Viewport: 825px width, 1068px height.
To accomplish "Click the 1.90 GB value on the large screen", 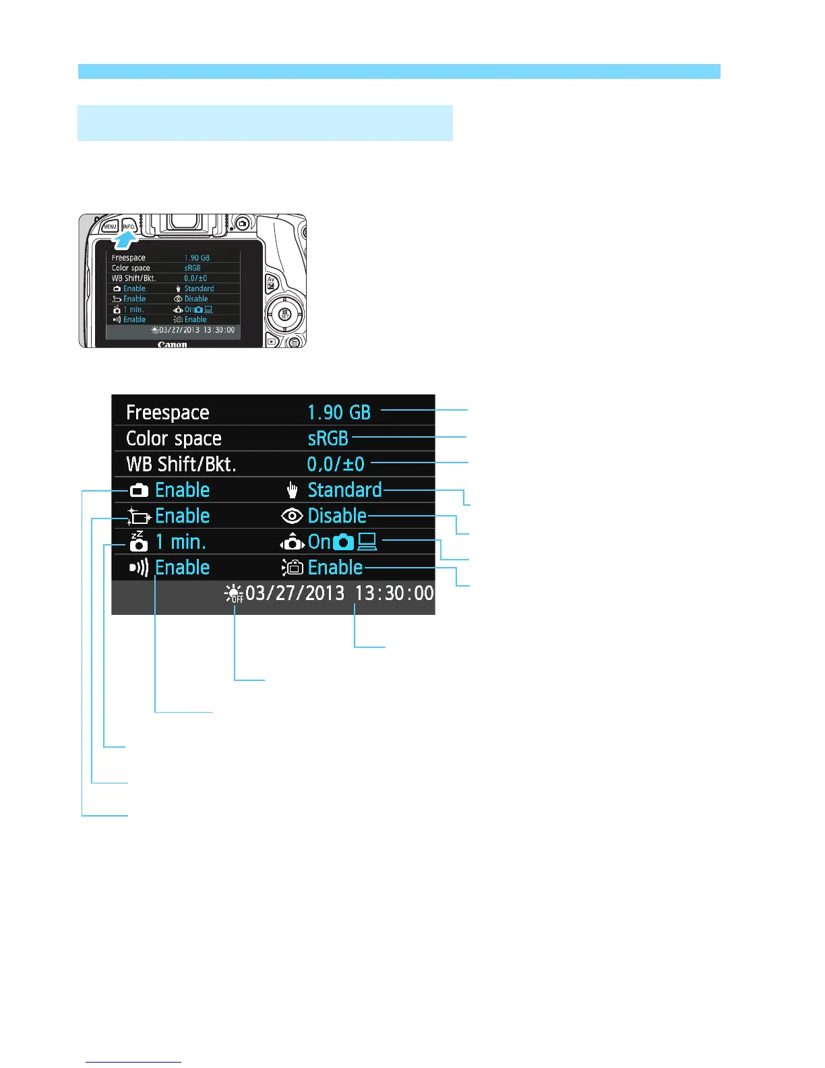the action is (339, 412).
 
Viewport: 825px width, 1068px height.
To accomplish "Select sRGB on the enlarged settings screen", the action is (328, 438).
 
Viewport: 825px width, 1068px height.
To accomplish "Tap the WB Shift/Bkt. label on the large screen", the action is (181, 464).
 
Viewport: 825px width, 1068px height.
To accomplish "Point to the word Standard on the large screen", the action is (344, 489).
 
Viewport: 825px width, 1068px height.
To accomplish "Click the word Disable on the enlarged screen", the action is (337, 516).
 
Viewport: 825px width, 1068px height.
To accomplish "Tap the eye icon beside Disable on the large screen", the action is (292, 516).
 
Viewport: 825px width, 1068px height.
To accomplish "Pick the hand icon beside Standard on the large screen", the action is (293, 490).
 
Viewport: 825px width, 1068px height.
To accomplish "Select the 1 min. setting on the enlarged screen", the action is (180, 541).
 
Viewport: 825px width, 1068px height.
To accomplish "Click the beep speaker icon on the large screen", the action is (139, 568).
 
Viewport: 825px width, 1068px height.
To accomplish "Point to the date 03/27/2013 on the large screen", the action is (295, 593).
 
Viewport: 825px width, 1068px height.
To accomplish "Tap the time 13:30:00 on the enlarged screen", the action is (394, 593).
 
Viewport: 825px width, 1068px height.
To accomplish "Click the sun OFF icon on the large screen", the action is (234, 593).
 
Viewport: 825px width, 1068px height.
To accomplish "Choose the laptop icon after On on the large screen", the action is (367, 542).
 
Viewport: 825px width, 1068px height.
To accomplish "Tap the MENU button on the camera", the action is (110, 227).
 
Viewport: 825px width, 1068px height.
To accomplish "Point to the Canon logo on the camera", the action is (173, 345).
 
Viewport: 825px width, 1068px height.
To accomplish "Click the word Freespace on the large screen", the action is (167, 412).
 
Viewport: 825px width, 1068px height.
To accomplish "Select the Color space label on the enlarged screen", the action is (173, 438).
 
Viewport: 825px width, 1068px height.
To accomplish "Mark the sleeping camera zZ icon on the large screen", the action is (138, 541).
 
